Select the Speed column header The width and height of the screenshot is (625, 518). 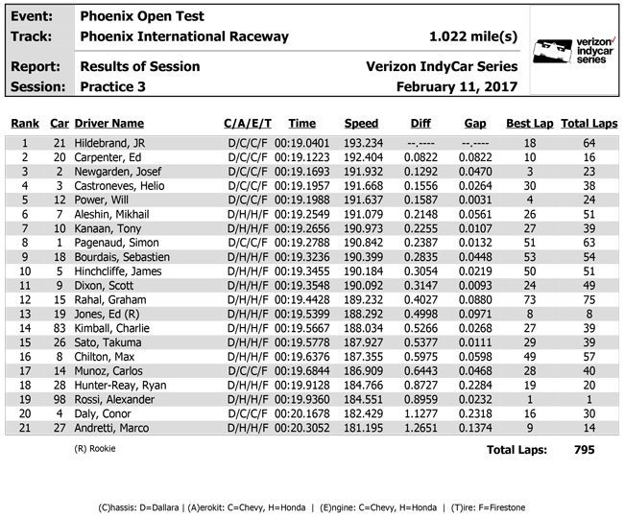click(x=361, y=124)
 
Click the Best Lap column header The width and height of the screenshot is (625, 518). click(x=529, y=124)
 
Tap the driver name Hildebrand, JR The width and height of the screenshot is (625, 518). click(x=110, y=143)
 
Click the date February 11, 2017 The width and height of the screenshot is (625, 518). click(x=457, y=86)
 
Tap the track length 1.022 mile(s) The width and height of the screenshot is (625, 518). click(x=474, y=36)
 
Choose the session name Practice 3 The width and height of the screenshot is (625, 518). click(x=114, y=86)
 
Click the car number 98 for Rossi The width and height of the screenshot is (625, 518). click(x=60, y=399)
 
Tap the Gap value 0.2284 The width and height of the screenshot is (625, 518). click(x=475, y=385)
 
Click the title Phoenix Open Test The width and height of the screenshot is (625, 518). click(x=141, y=16)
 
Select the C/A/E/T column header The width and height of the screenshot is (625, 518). click(x=248, y=124)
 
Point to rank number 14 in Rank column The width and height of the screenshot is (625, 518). click(x=25, y=328)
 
